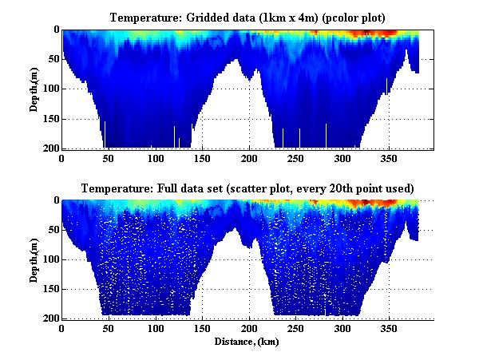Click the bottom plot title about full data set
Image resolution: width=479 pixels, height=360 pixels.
pos(247,188)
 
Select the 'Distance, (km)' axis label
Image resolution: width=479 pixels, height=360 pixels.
pos(247,342)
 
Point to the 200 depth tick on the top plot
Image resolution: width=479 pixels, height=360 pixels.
pos(50,148)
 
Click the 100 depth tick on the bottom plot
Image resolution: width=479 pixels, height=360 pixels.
pos(50,259)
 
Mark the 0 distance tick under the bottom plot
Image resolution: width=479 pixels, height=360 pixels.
pos(62,329)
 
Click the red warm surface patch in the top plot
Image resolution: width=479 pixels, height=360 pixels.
pos(383,33)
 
